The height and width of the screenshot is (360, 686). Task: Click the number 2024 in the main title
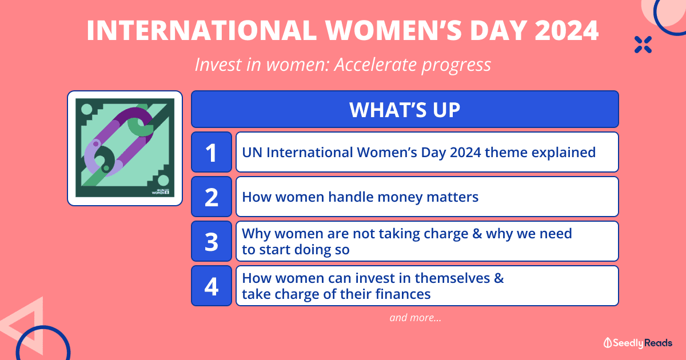(x=567, y=30)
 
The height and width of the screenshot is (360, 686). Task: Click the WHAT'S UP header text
(x=405, y=110)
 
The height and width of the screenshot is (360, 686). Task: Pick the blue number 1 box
(x=212, y=152)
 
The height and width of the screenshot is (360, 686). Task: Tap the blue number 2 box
(x=212, y=197)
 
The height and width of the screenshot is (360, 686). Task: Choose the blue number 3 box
(x=212, y=241)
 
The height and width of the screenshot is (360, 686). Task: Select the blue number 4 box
(x=212, y=286)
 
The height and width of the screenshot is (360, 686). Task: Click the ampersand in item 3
(x=477, y=234)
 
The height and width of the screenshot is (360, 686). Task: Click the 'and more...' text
(x=415, y=318)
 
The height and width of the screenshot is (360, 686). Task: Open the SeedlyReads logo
(x=637, y=343)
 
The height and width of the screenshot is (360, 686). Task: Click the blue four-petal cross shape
(x=643, y=45)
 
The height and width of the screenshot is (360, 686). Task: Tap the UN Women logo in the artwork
(x=161, y=191)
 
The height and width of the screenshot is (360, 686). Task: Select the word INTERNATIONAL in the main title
(x=201, y=30)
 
